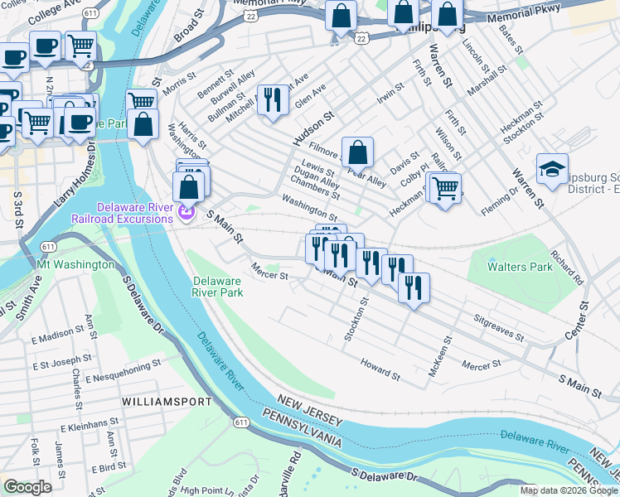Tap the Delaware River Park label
[x=217, y=287]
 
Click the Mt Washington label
[x=75, y=264]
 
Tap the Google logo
[x=27, y=487]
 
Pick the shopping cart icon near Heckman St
[x=446, y=188]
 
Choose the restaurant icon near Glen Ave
[x=272, y=99]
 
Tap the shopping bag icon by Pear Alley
[x=357, y=152]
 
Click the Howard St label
[x=380, y=369]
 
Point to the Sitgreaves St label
[x=499, y=328]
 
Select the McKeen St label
[x=439, y=357]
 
